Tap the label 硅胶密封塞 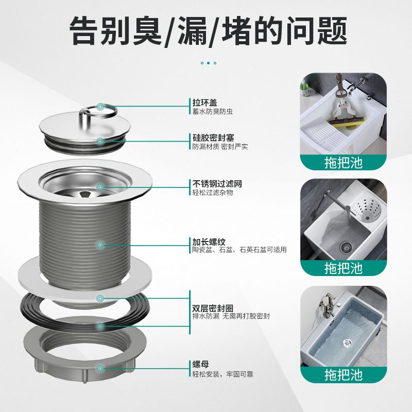[210, 139]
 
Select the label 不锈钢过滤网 [213, 183]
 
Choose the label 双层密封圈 [210, 308]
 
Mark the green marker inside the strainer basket [100, 187]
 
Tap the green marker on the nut [100, 368]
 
